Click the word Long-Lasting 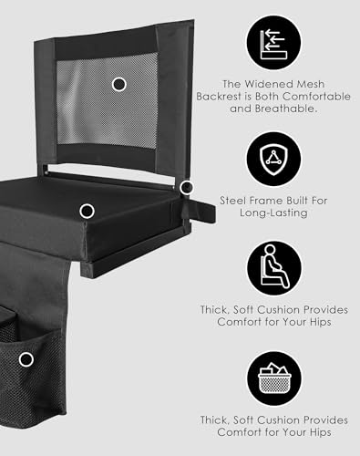[x=273, y=212]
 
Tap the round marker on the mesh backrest [x=118, y=84]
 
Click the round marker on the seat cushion [x=87, y=211]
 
